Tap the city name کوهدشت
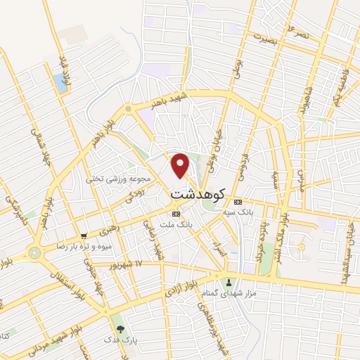click(198, 191)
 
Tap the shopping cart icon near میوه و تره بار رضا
click(84, 236)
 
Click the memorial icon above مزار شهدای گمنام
click(228, 283)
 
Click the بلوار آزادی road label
click(179, 285)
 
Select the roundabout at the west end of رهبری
click(34, 252)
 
